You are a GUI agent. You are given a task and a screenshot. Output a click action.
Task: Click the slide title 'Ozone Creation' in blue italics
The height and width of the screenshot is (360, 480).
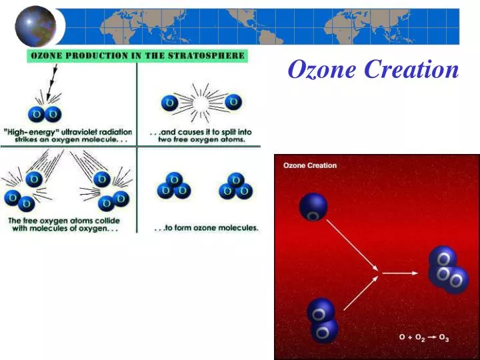[x=373, y=69]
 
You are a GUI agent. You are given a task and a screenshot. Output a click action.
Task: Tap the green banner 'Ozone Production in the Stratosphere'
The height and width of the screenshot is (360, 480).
[x=137, y=56]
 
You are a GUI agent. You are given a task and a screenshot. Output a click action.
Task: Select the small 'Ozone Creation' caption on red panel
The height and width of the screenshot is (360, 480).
[x=310, y=165]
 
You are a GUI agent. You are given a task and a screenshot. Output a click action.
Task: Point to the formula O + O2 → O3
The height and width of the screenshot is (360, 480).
[x=424, y=338]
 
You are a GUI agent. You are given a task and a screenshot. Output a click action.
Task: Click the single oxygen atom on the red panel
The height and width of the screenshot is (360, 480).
[x=313, y=207]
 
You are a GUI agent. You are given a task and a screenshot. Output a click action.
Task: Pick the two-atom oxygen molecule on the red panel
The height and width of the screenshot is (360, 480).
[x=323, y=319]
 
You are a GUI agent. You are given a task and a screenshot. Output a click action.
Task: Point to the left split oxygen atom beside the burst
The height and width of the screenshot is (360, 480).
[x=169, y=103]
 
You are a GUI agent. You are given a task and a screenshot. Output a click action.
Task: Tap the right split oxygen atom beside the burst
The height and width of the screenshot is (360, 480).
[x=233, y=102]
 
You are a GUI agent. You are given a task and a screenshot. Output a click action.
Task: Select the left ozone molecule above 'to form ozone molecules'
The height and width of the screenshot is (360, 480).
[x=173, y=187]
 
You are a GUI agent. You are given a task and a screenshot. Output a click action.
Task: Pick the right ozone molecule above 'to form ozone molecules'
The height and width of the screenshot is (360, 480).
[x=235, y=187]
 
